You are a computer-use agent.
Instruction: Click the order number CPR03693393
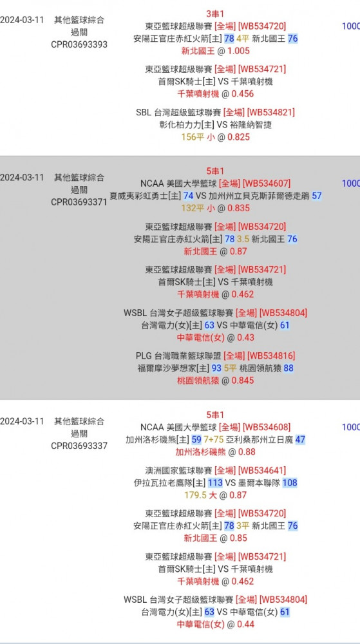79,44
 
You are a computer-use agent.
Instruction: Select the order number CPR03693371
79,202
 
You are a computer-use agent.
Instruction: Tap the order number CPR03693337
79,446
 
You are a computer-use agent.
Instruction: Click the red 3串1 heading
216,14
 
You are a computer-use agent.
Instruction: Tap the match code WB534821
270,112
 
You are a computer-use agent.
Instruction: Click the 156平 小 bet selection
198,137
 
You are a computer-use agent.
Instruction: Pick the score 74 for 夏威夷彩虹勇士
189,196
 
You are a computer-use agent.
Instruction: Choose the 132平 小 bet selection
198,208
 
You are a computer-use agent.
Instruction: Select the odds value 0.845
243,381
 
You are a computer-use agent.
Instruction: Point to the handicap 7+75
213,439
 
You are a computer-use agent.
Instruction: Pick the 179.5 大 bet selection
200,495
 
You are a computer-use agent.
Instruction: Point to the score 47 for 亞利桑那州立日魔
300,439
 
